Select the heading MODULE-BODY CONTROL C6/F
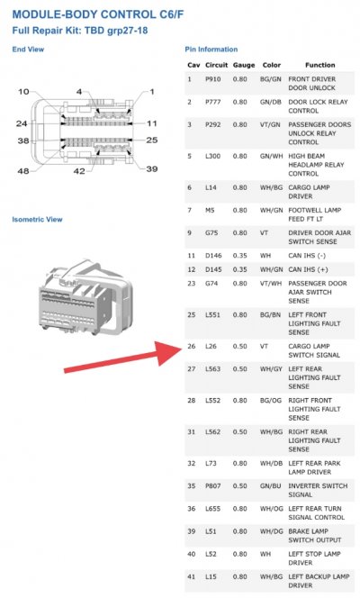[x=98, y=14]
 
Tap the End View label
[x=28, y=50]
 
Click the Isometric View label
[x=37, y=219]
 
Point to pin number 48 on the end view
[x=23, y=171]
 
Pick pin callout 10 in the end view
[x=23, y=92]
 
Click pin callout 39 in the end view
[x=151, y=168]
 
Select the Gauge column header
[x=244, y=65]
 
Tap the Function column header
[x=320, y=65]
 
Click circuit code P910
[x=213, y=79]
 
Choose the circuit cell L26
[x=211, y=347]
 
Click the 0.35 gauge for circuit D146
[x=240, y=256]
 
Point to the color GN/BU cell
[x=271, y=486]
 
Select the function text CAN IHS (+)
[x=308, y=269]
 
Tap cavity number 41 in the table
[x=191, y=576]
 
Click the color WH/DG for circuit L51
[x=272, y=531]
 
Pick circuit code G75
[x=211, y=232]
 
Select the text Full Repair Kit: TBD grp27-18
[x=80, y=31]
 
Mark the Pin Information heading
[x=211, y=50]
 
